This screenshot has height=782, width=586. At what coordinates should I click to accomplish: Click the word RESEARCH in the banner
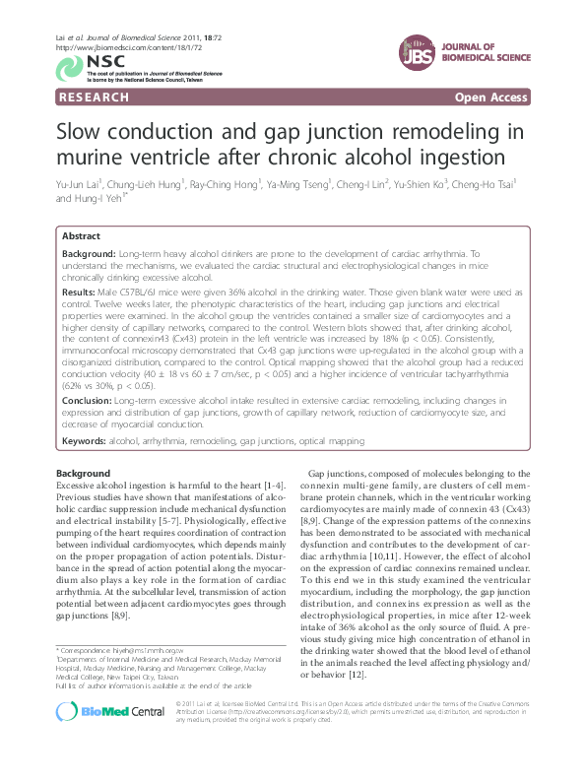point(95,98)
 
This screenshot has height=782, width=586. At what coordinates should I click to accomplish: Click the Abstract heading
point(81,237)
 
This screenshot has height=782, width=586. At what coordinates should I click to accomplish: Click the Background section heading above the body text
point(83,474)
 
